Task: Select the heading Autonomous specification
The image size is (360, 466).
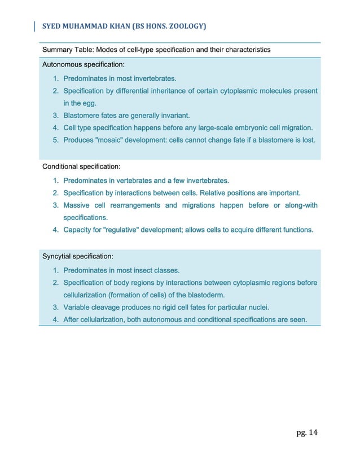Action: click(x=84, y=65)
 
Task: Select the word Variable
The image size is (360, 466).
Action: click(x=78, y=307)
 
